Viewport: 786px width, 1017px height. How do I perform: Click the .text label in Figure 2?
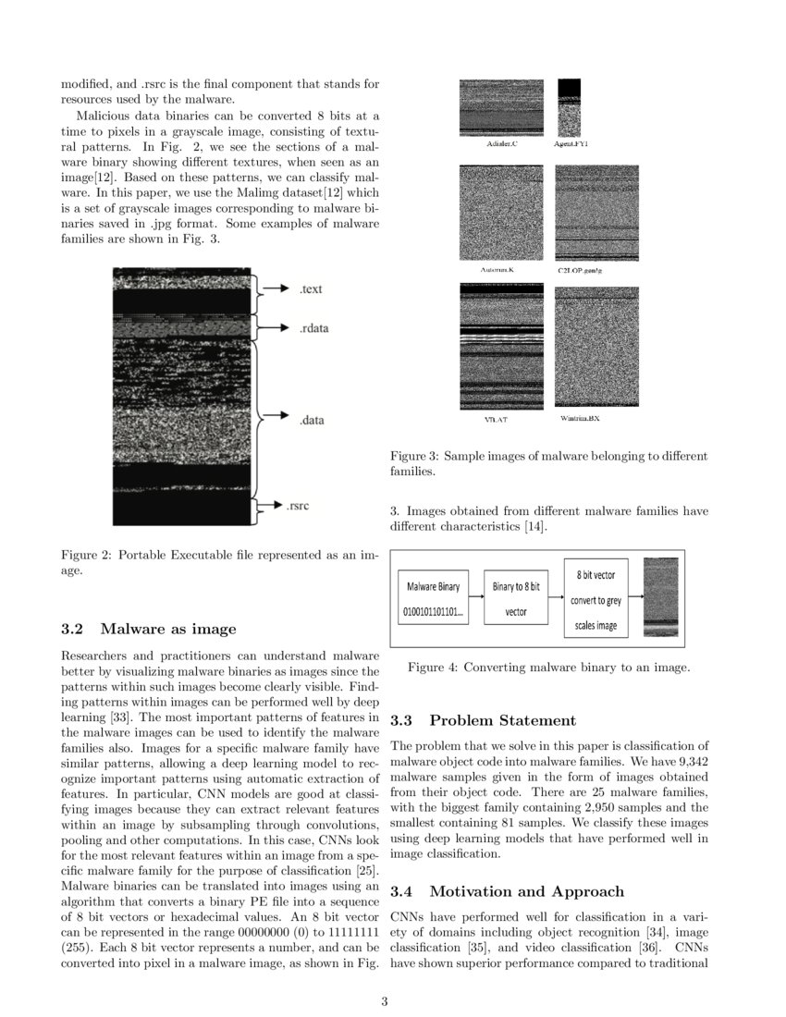[x=311, y=289]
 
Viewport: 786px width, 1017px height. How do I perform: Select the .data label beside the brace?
[x=312, y=421]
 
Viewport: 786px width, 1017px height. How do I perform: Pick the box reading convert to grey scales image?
[x=596, y=599]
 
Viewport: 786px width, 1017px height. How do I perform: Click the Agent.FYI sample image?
[x=570, y=107]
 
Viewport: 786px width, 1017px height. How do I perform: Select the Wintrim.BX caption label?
[x=580, y=419]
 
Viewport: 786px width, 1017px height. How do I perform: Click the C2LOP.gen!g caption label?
[x=580, y=270]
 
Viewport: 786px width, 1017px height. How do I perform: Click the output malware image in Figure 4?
[x=659, y=598]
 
